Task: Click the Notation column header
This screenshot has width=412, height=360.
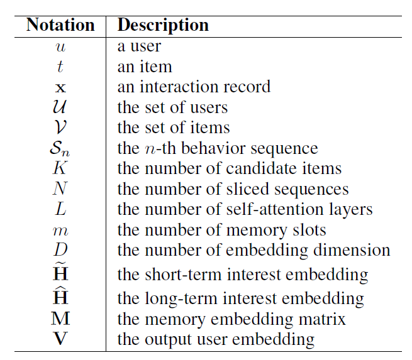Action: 60,25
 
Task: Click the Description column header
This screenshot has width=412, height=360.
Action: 163,25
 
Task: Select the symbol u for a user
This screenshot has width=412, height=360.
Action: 60,46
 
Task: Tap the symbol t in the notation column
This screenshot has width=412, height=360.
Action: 60,67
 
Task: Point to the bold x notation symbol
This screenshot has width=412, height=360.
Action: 60,87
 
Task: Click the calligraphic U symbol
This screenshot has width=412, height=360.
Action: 60,107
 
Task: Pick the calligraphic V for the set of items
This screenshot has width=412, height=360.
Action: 60,128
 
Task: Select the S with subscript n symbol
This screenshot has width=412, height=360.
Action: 60,149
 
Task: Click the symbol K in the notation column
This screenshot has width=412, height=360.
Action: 60,168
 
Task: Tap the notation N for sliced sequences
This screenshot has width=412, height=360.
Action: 60,189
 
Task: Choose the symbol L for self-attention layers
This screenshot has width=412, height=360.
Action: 60,209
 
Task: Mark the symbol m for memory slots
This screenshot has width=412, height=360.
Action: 60,230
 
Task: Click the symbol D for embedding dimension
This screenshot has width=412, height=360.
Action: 60,250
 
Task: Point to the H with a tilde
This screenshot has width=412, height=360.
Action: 60,273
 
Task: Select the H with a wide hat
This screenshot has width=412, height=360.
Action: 60,297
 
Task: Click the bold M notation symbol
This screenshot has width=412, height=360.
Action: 60,319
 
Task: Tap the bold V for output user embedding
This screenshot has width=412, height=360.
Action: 60,340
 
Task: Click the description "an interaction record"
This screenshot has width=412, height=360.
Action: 194,87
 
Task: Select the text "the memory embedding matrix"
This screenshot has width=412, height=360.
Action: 231,319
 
